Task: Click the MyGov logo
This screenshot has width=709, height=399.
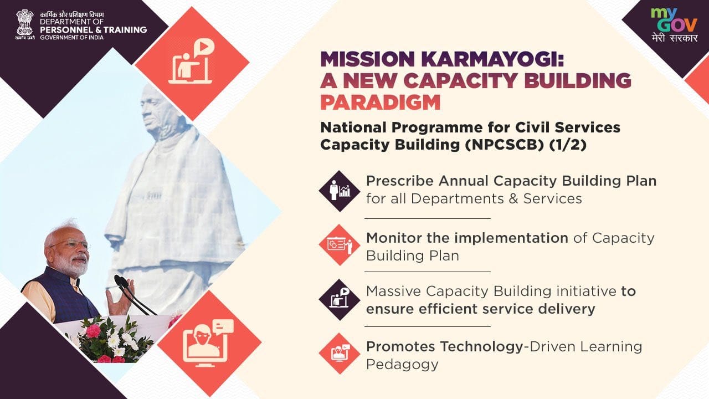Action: point(674,25)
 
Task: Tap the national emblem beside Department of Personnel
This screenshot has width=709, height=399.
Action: point(25,24)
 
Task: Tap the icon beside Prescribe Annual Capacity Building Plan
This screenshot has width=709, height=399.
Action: point(340,191)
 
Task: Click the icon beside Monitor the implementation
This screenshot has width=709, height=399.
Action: point(340,245)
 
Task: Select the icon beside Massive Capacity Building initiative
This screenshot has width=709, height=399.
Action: point(340,299)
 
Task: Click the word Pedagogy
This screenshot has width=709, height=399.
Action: point(402,364)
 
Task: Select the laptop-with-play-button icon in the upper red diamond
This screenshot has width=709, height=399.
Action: point(192,62)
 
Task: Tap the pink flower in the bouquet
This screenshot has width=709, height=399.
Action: point(93,331)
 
